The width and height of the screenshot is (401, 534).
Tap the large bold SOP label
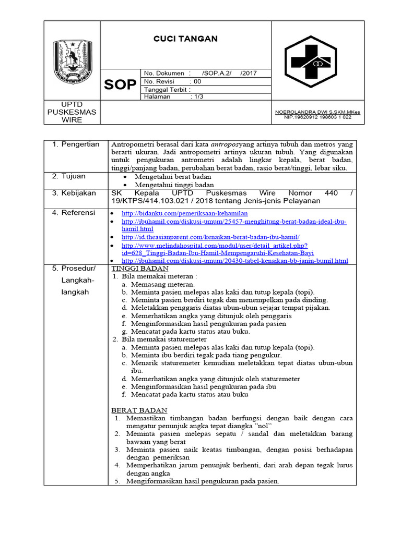pos(120,85)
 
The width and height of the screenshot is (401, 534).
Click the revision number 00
pos(197,82)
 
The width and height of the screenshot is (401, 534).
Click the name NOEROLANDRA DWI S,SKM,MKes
pos(317,112)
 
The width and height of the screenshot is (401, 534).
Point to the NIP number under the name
pos(317,117)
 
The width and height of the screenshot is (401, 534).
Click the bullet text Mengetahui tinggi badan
pos(174,185)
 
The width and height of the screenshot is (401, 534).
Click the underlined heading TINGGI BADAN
pos(140,268)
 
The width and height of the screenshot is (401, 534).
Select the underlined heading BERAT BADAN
pos(139,410)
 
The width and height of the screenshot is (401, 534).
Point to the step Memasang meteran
pos(163,284)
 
